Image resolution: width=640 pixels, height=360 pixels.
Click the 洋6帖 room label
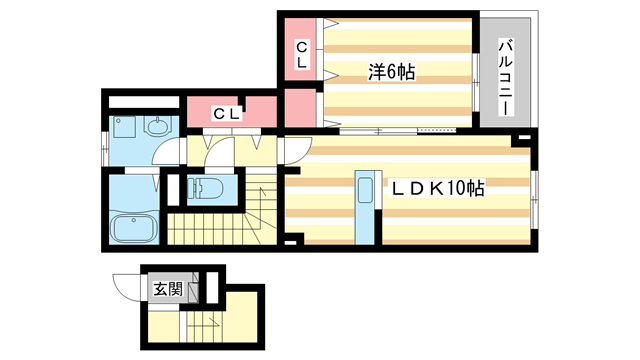click(x=392, y=71)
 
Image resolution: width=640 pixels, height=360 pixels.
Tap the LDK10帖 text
click(x=437, y=188)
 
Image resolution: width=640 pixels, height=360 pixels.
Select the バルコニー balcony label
click(x=506, y=73)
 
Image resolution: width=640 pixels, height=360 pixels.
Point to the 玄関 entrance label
click(x=167, y=290)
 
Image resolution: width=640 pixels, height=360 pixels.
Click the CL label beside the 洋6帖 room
click(x=301, y=53)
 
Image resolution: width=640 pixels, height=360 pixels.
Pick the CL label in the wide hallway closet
click(x=227, y=113)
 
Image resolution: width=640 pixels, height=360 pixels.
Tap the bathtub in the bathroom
click(x=132, y=227)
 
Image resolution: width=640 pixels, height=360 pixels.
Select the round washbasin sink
click(x=158, y=126)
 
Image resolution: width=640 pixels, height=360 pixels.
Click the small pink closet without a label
click(x=298, y=108)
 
